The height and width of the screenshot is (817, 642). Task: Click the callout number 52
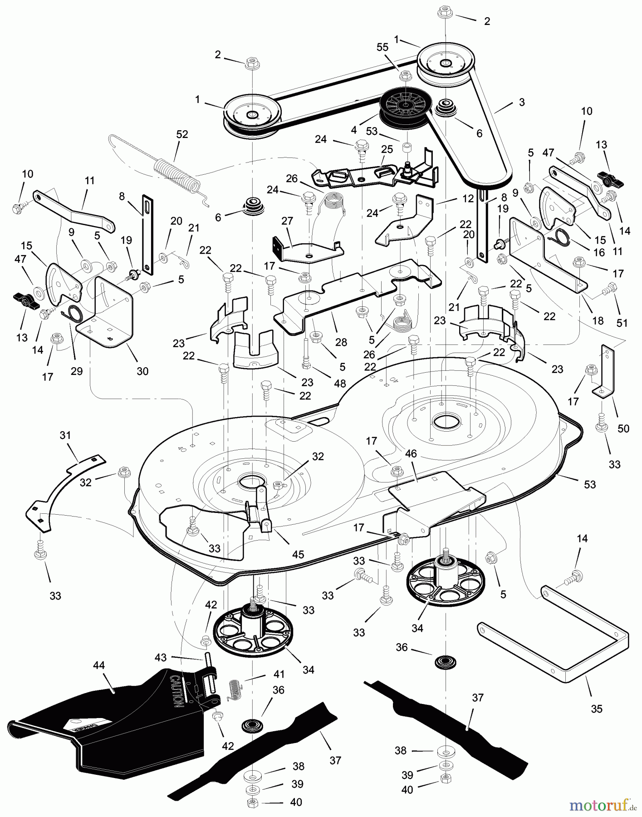182,134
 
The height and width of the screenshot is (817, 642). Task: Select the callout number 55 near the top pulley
382,47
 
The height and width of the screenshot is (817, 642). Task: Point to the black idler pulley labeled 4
402,107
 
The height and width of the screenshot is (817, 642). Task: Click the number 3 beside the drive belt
522,103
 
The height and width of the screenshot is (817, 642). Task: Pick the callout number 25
387,149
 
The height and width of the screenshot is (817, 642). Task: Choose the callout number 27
287,221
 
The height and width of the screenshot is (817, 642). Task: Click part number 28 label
341,342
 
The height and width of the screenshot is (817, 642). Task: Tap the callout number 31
65,435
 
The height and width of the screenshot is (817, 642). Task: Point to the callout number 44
98,665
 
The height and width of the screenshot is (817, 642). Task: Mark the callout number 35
597,709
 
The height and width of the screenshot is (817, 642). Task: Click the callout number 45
298,554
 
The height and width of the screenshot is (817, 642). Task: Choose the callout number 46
411,453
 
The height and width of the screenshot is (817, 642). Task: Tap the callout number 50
623,428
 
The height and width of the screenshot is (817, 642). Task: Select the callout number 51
622,323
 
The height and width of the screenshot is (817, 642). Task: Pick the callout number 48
340,384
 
